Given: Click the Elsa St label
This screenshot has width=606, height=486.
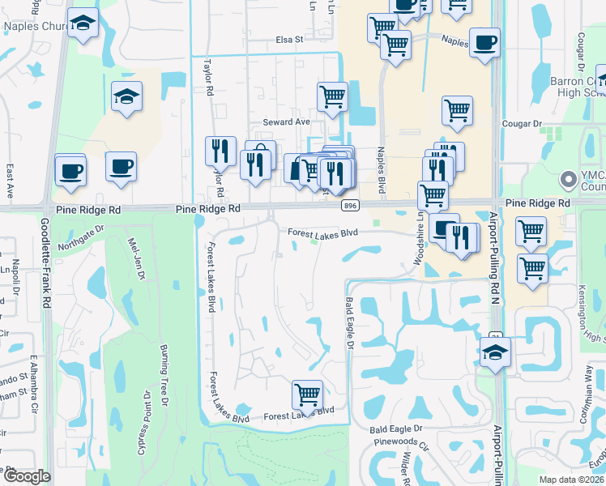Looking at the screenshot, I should (x=288, y=38).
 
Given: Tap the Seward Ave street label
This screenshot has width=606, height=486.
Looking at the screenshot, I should (x=287, y=122).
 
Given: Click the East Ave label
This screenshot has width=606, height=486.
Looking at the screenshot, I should (x=11, y=181).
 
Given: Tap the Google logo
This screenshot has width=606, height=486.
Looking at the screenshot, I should (x=26, y=476).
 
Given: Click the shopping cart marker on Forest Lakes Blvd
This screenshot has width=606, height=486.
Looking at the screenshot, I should (x=307, y=395).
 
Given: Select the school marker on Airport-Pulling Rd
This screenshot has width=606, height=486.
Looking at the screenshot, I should (x=495, y=352).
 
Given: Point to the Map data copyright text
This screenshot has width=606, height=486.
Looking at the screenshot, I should (x=572, y=480).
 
